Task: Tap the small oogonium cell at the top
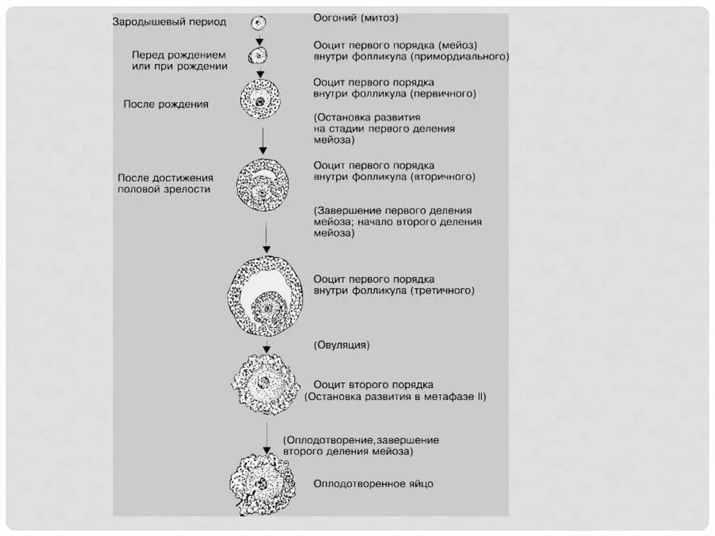(x=258, y=23)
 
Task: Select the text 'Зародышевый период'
(x=170, y=22)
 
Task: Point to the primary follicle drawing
(x=260, y=100)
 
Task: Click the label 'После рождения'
(x=165, y=104)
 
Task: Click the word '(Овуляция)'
(x=341, y=345)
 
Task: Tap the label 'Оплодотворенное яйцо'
(x=374, y=484)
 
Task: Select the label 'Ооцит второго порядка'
(x=374, y=384)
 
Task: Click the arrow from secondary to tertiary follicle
(x=266, y=238)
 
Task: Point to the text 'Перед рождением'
(x=179, y=55)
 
